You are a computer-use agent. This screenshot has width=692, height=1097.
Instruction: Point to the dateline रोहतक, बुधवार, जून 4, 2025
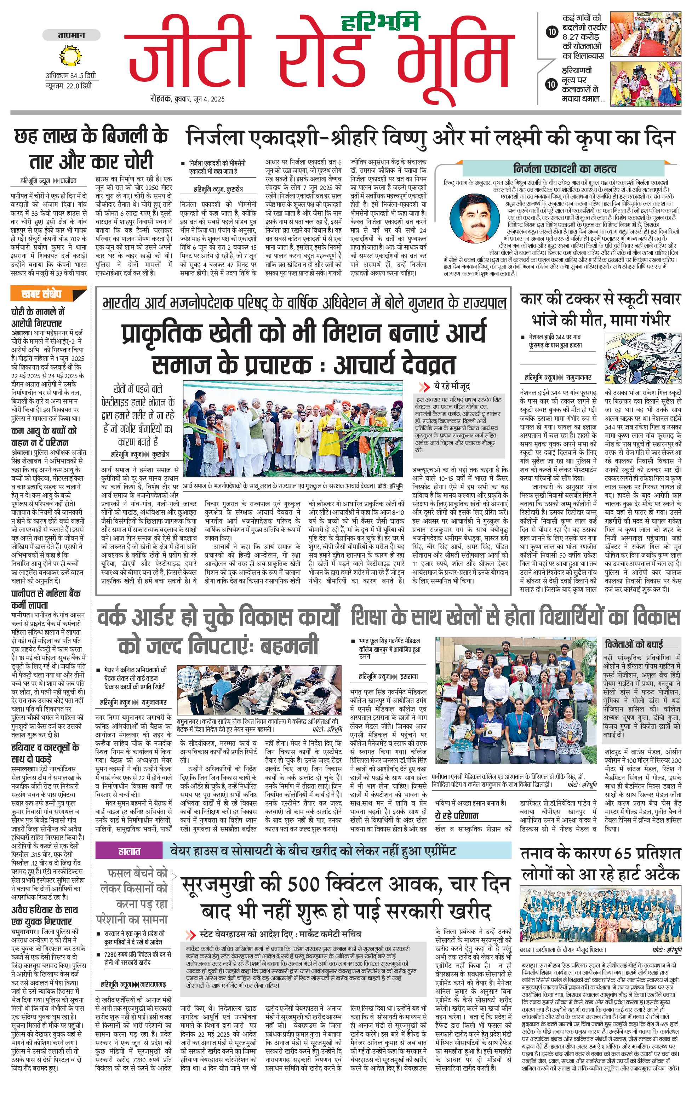click(188, 99)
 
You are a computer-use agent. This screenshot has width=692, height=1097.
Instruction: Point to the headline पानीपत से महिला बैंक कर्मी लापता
click(46, 599)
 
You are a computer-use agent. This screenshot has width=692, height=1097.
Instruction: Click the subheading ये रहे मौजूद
click(451, 386)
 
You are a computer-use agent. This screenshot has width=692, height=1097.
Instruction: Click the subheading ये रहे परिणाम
click(457, 815)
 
